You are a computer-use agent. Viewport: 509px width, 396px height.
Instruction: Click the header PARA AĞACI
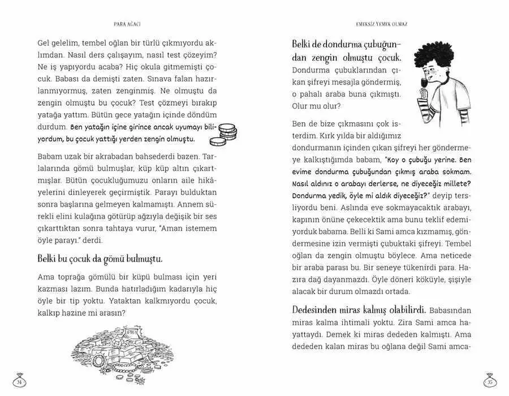(127, 24)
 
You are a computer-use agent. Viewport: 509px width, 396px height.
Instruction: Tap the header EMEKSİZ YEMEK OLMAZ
(381, 24)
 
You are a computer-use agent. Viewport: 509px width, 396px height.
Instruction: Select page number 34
(19, 381)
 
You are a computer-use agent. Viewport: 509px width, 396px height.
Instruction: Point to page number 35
(490, 381)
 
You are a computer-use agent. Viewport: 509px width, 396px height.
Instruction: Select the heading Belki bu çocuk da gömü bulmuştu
(100, 259)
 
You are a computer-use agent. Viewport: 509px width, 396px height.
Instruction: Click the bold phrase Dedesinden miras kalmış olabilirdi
(359, 309)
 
